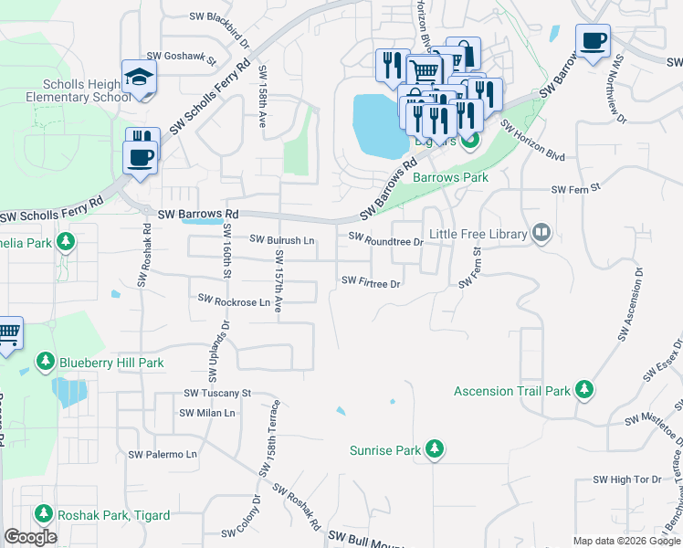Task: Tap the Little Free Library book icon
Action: point(542,235)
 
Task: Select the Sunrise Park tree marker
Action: point(436,449)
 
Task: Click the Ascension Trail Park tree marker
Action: point(584,391)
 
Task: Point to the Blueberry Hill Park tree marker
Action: point(45,363)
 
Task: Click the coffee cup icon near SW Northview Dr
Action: point(593,41)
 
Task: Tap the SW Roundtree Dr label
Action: point(386,242)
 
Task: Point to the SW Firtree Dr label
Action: point(371,283)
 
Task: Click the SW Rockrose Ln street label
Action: point(235,300)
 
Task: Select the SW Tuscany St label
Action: point(217,394)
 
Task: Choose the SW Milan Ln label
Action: point(207,413)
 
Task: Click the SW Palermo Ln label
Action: point(163,454)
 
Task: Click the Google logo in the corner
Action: point(30,536)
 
